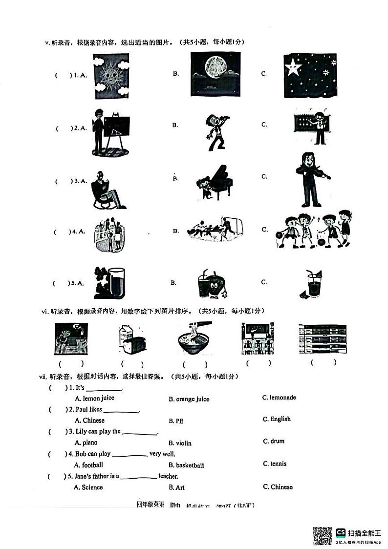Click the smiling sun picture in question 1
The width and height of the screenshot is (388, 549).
point(111,76)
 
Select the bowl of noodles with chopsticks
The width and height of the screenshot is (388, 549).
point(195,338)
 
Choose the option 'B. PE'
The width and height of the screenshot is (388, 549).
point(176,421)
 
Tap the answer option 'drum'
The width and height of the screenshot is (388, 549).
point(277,441)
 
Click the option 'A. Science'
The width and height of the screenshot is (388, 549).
point(88,487)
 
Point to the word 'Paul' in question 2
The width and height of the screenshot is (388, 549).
point(82,409)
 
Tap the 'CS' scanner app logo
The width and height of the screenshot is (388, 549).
point(341,532)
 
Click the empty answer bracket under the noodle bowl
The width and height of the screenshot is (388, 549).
point(195,364)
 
